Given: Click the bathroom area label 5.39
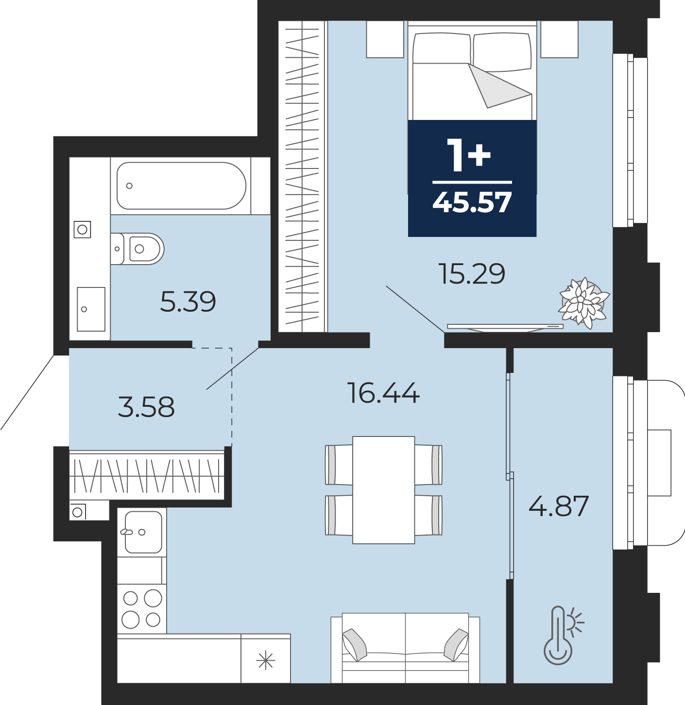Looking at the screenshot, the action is [188, 302].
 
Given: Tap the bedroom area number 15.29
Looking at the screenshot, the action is [472, 273].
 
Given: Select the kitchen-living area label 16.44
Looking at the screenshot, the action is [383, 393].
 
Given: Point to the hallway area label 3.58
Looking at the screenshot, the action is [146, 406].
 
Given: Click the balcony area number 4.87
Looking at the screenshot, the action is [559, 506].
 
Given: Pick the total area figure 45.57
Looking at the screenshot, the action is [472, 202].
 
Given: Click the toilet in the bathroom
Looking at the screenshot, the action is [137, 249].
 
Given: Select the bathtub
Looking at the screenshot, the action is [181, 186].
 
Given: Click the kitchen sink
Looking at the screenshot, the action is [143, 532].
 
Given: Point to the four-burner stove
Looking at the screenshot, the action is [142, 609].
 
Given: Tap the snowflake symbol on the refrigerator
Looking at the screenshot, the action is [266, 660].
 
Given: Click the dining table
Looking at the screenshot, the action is [383, 490].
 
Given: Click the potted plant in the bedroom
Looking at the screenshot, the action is [583, 303].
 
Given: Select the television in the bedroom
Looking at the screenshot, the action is [505, 327].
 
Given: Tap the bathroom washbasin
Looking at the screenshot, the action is [91, 309].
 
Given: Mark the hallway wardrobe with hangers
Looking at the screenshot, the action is [146, 475].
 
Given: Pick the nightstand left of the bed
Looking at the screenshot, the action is [385, 39].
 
